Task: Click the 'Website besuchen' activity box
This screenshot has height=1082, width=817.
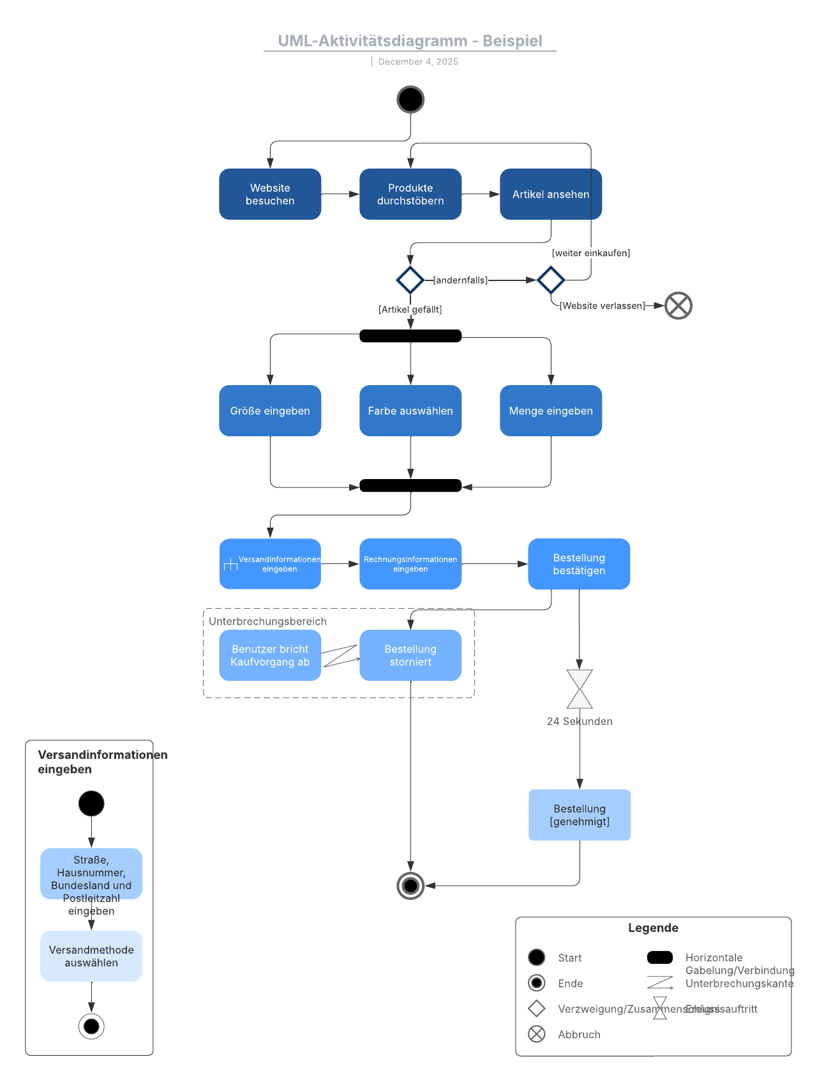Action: click(270, 194)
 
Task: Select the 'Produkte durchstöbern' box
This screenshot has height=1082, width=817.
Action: click(410, 194)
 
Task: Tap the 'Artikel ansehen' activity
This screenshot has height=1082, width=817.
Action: click(550, 194)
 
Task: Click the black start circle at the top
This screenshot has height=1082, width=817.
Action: click(410, 100)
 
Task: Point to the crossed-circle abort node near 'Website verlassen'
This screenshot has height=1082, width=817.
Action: click(678, 305)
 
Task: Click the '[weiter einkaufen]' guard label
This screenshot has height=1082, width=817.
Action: click(591, 253)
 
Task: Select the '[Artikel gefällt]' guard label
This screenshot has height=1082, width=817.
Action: click(410, 309)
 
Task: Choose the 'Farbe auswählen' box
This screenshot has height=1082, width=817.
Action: click(410, 411)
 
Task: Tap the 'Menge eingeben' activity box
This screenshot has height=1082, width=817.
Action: click(551, 411)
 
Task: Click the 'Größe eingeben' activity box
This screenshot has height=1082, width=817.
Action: click(270, 411)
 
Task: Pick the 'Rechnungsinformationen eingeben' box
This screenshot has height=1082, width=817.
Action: click(410, 564)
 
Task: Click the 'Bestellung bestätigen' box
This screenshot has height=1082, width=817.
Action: click(579, 564)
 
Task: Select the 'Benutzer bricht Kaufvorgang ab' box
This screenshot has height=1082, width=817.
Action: click(270, 655)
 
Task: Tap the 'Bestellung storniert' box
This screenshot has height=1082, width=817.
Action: click(410, 655)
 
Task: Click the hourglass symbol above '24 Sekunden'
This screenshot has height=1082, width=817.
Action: click(580, 689)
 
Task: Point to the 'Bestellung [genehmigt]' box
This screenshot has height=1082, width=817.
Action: click(580, 815)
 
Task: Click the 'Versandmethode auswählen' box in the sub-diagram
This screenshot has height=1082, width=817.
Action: click(91, 956)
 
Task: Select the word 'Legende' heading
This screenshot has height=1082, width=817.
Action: click(653, 928)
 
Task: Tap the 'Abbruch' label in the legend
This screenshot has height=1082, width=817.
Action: click(579, 1035)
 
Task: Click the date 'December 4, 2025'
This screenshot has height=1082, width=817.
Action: click(418, 61)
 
